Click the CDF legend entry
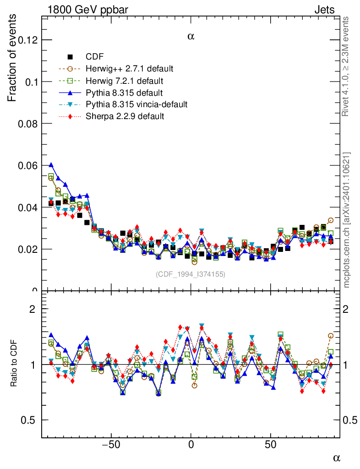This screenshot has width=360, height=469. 95,57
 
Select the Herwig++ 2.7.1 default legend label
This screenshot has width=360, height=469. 129,69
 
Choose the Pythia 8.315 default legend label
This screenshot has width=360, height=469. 124,93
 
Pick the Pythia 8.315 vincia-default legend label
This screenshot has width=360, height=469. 136,104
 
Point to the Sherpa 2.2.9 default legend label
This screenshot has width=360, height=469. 125,116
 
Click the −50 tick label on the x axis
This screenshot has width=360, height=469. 110,444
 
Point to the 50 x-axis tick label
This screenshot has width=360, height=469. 271,444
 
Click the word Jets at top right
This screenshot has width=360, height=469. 324,9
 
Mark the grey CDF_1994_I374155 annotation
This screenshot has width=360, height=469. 191,274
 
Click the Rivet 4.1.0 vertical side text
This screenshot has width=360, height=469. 347,66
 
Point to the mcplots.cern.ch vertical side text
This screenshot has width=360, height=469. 347,220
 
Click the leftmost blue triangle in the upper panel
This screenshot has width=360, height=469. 51,165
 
